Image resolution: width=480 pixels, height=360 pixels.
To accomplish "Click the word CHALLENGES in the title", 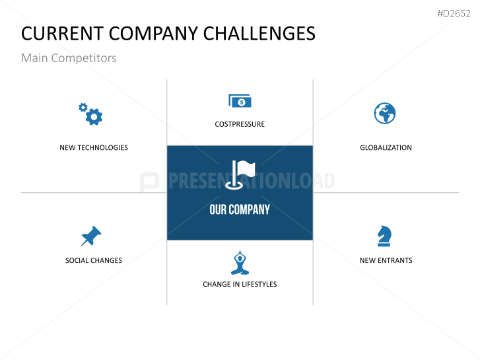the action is click(259, 34).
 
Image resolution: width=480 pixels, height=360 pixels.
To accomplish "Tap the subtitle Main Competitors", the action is click(69, 58).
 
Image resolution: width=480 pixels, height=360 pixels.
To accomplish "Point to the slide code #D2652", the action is click(454, 13).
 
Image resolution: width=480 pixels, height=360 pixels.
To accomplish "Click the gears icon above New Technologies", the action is click(90, 114).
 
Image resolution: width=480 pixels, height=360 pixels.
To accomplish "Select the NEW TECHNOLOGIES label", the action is click(94, 148).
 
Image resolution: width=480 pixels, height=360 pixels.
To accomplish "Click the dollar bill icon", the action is click(240, 101).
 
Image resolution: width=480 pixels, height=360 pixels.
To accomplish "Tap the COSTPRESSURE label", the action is click(240, 124).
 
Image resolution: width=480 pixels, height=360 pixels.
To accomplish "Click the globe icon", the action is click(385, 114).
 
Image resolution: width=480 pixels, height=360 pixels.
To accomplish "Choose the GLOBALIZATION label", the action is click(386, 148).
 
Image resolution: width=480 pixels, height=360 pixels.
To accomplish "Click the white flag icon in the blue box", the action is click(240, 174).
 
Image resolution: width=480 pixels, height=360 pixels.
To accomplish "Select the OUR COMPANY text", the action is click(240, 209).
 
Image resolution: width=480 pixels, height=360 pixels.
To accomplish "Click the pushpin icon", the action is click(91, 236).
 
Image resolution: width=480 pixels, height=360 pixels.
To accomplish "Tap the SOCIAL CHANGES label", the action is click(94, 260).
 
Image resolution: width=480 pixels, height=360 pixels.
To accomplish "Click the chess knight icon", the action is click(384, 236).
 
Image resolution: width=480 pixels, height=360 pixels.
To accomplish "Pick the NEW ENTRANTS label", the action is click(386, 260).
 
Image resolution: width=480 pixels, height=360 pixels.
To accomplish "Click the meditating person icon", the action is click(240, 263).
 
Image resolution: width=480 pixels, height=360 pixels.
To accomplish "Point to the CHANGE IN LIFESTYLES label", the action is click(240, 284).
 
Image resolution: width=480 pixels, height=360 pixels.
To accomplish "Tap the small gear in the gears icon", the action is click(83, 108).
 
